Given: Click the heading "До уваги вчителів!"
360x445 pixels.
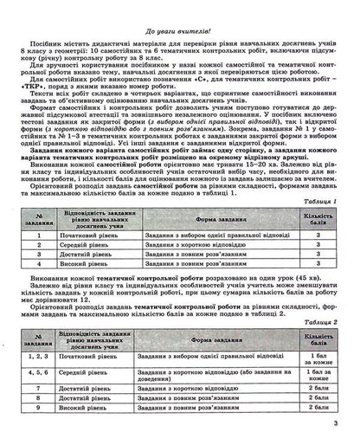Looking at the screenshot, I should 180,8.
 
